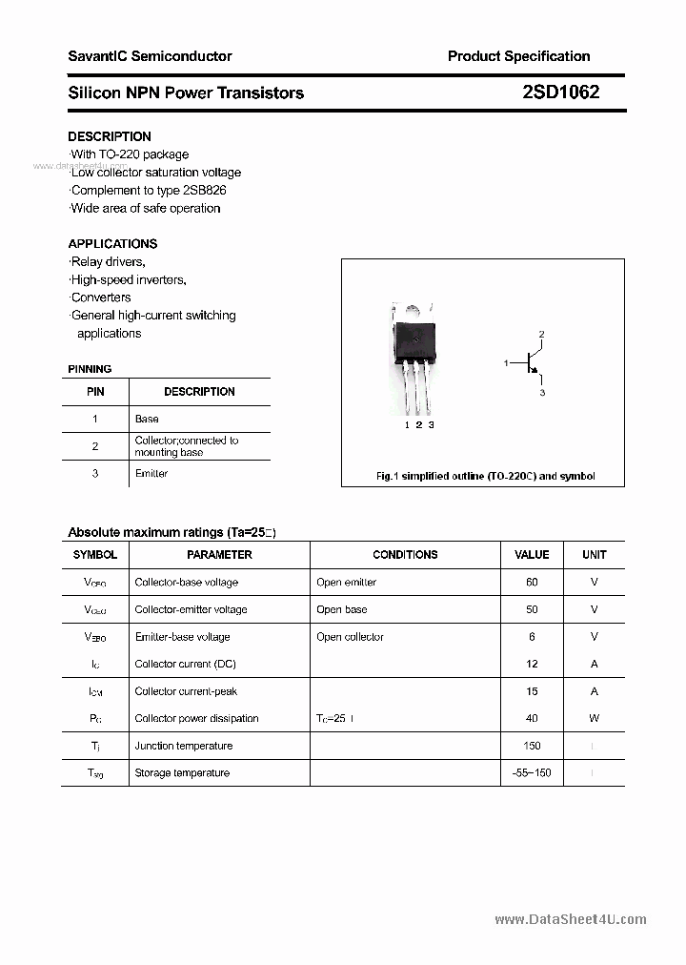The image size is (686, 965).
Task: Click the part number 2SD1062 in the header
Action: click(560, 92)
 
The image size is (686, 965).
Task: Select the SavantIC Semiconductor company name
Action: click(150, 56)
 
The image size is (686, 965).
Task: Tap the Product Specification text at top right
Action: click(518, 56)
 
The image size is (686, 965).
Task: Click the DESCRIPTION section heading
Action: click(109, 136)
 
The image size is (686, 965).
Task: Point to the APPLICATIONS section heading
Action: click(112, 243)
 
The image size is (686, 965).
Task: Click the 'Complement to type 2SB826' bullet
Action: click(148, 190)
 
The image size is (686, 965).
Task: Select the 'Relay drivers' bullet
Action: click(108, 261)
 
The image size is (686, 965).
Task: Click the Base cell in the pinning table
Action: click(147, 419)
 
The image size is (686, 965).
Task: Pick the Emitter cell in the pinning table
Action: click(151, 474)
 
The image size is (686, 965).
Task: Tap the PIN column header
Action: click(95, 391)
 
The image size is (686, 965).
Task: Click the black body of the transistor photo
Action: click(415, 340)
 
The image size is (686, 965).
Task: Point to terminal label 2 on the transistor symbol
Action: click(541, 334)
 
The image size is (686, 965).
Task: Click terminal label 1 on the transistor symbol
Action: click(507, 362)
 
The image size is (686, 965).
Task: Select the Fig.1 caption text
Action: click(485, 476)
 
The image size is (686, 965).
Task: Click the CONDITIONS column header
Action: click(405, 554)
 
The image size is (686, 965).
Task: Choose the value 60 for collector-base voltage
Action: click(532, 582)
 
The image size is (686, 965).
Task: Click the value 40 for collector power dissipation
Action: click(532, 718)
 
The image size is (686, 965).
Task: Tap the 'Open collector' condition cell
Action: click(350, 637)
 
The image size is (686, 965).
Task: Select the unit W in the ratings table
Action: click(594, 718)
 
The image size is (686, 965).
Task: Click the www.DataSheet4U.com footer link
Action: click(571, 919)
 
